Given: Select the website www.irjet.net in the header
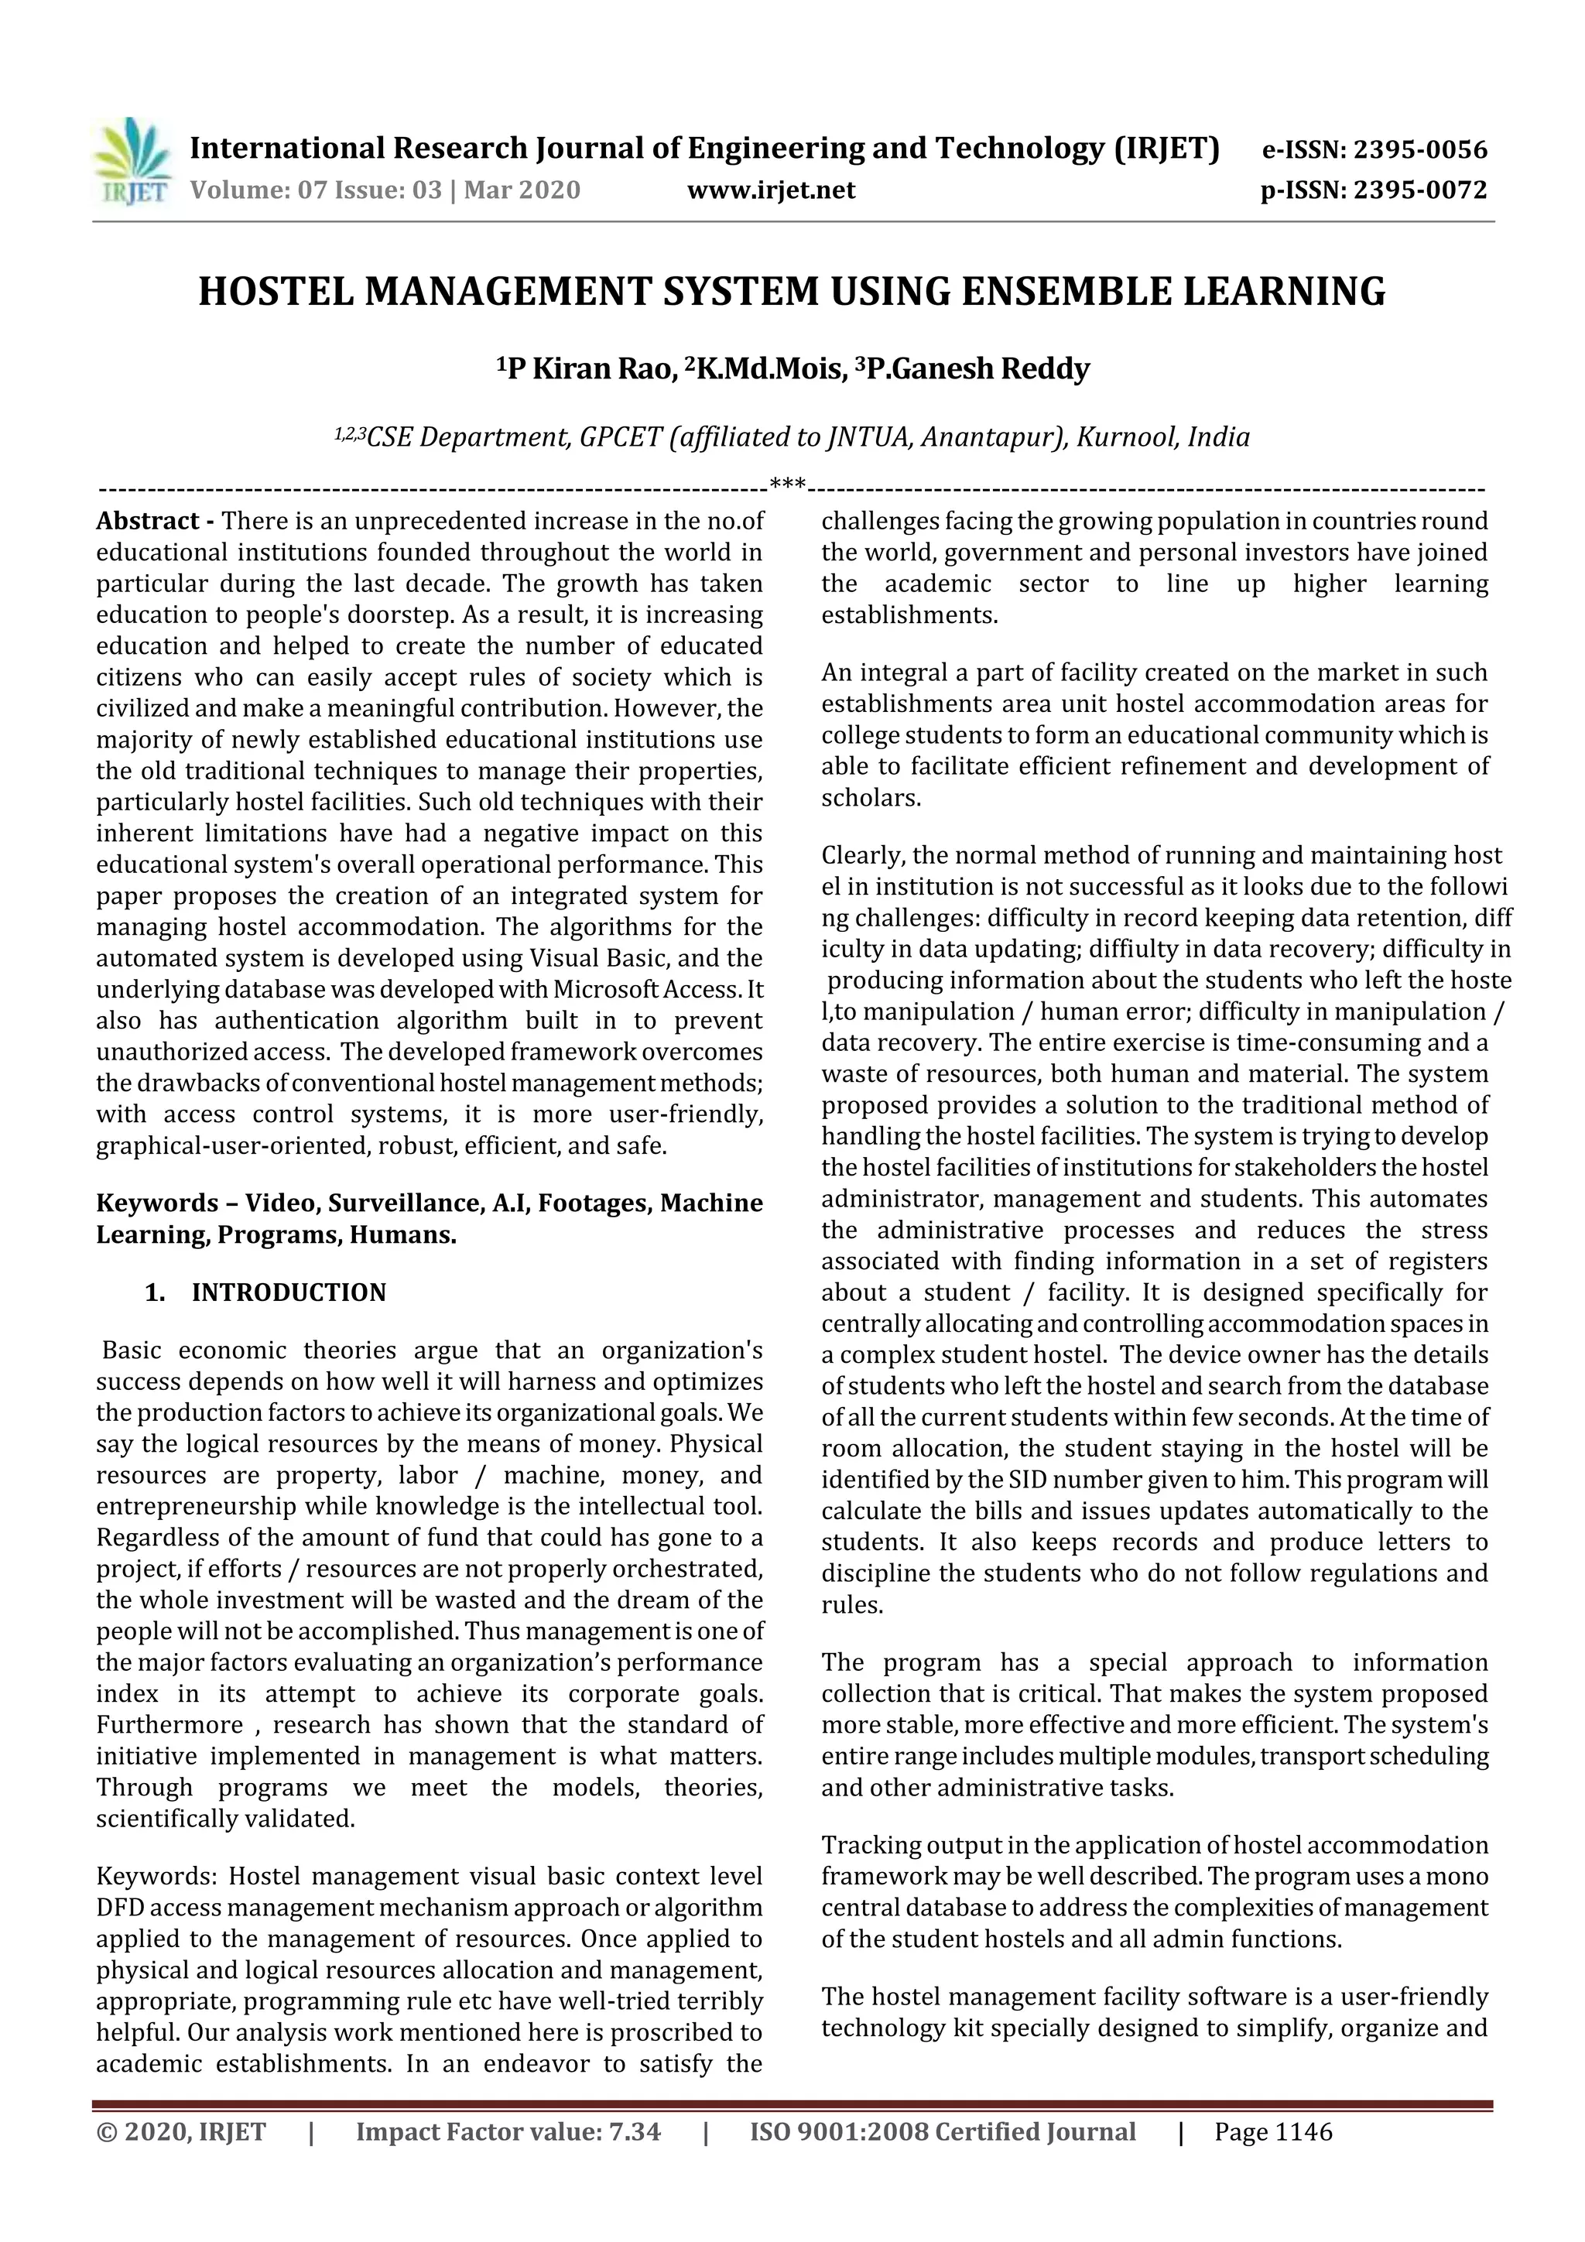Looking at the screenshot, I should (771, 190).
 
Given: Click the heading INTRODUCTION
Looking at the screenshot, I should (289, 1292).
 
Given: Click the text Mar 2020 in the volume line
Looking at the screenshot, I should (522, 190).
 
